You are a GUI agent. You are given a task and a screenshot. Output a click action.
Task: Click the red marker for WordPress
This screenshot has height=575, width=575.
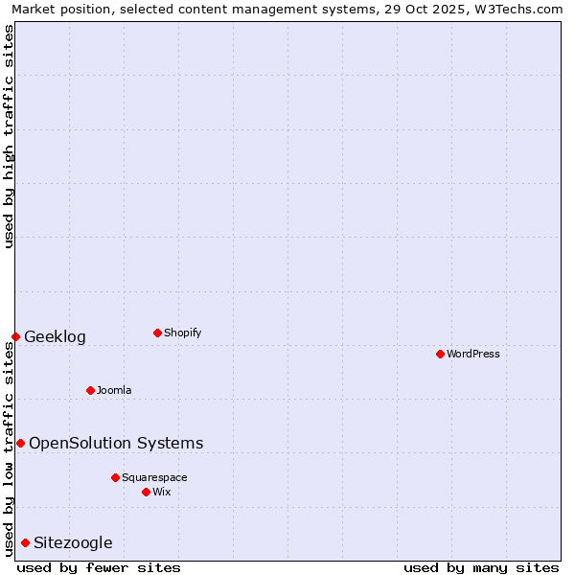(440, 354)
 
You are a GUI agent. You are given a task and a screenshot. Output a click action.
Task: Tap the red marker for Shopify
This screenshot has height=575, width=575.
(157, 333)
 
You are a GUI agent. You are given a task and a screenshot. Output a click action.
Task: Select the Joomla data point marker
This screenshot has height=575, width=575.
(90, 390)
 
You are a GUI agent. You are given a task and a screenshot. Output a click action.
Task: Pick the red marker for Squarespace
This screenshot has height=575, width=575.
(115, 477)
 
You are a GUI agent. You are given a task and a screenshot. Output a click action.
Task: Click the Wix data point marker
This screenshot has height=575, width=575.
(146, 492)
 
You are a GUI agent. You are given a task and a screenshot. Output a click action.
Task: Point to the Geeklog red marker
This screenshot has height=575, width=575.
(15, 336)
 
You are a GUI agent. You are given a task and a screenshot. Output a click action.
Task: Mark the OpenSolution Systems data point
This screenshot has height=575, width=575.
(20, 443)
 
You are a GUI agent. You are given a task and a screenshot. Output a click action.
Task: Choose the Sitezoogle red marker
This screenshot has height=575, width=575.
(25, 542)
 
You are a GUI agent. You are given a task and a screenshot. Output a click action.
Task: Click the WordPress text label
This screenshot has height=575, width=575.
(473, 355)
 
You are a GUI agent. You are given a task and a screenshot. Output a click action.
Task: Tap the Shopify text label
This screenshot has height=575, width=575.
(183, 333)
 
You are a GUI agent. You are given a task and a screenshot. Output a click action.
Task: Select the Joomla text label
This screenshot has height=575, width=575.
(114, 391)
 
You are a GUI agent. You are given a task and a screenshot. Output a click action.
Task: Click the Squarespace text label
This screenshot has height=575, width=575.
(154, 478)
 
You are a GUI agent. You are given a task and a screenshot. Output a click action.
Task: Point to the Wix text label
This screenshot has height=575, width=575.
(162, 493)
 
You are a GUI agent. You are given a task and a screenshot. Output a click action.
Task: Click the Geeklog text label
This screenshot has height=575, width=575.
(55, 337)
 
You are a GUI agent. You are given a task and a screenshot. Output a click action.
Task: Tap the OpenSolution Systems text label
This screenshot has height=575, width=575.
(116, 444)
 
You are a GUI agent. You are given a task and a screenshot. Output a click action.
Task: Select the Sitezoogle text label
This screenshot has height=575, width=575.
(73, 543)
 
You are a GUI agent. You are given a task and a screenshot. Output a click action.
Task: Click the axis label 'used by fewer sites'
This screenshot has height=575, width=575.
(99, 567)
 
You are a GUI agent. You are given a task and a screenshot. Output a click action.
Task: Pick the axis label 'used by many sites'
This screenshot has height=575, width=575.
(481, 567)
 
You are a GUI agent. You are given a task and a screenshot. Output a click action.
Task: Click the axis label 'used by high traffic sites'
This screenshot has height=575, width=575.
(9, 136)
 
